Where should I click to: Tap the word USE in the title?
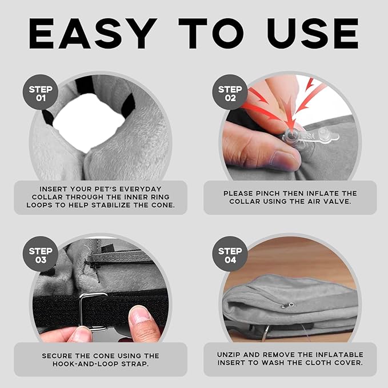pos(313,33)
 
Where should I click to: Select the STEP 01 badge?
pos(41,92)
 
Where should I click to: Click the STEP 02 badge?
pos(230,92)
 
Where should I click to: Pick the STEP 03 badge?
pos(41,254)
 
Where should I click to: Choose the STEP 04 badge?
pos(230,254)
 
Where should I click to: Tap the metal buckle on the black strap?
pos(94,311)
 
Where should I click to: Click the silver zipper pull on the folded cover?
pos(287,305)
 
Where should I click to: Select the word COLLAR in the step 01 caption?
pos(46,197)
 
